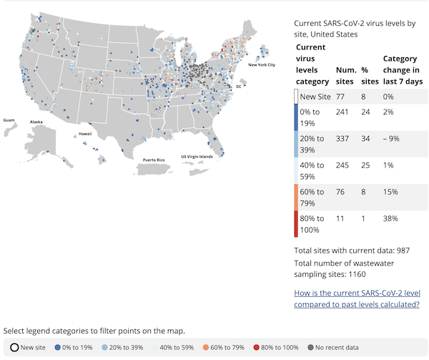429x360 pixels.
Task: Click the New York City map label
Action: [x=262, y=65]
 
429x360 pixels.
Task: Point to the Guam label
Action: [x=9, y=120]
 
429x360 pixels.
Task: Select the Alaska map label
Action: [x=36, y=122]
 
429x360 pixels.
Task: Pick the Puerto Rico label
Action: [x=154, y=159]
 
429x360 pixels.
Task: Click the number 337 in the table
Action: [x=344, y=137]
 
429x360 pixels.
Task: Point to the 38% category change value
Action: [x=390, y=218]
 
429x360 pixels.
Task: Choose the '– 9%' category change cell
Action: [x=392, y=137]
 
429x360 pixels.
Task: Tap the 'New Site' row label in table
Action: [x=315, y=97]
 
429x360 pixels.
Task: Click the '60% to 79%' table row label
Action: [x=311, y=198]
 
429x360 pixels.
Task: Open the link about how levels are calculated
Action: [x=356, y=298]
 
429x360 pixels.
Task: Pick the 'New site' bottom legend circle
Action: [x=14, y=347]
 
